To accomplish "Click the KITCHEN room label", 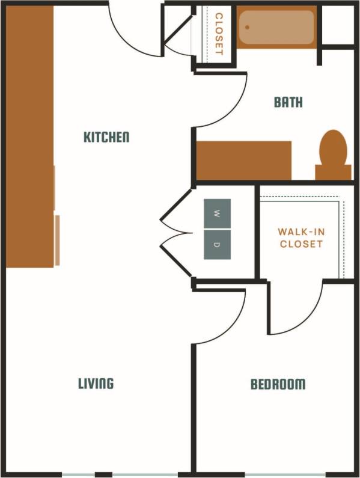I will [x=106, y=137].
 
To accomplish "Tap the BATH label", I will [x=288, y=102].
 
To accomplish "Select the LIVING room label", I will [x=96, y=384].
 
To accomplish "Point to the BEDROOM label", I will [x=278, y=384].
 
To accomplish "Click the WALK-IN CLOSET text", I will [x=301, y=237].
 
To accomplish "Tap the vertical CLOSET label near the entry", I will [x=219, y=34].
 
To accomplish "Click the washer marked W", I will [x=216, y=213].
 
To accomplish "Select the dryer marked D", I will [x=216, y=245].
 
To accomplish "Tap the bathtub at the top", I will [x=276, y=27].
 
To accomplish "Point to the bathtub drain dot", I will [x=247, y=27].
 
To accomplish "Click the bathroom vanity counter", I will [x=244, y=161].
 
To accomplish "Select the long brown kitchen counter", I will [x=29, y=137].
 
